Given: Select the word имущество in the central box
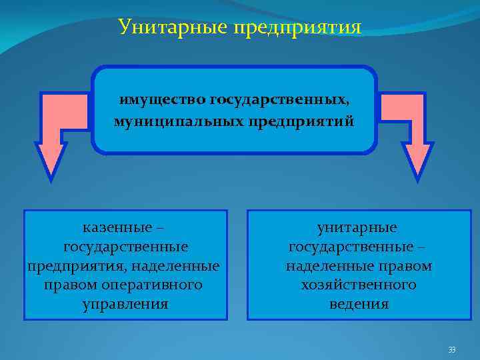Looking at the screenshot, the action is (x=162, y=99).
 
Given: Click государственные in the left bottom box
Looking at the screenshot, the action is (x=125, y=247).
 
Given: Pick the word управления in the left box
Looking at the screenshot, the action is (x=125, y=305).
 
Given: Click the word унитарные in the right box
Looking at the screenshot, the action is (x=357, y=227).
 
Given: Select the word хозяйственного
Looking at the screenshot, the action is (x=359, y=285).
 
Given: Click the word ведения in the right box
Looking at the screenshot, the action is (x=359, y=305).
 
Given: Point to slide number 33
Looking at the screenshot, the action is (x=451, y=349).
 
